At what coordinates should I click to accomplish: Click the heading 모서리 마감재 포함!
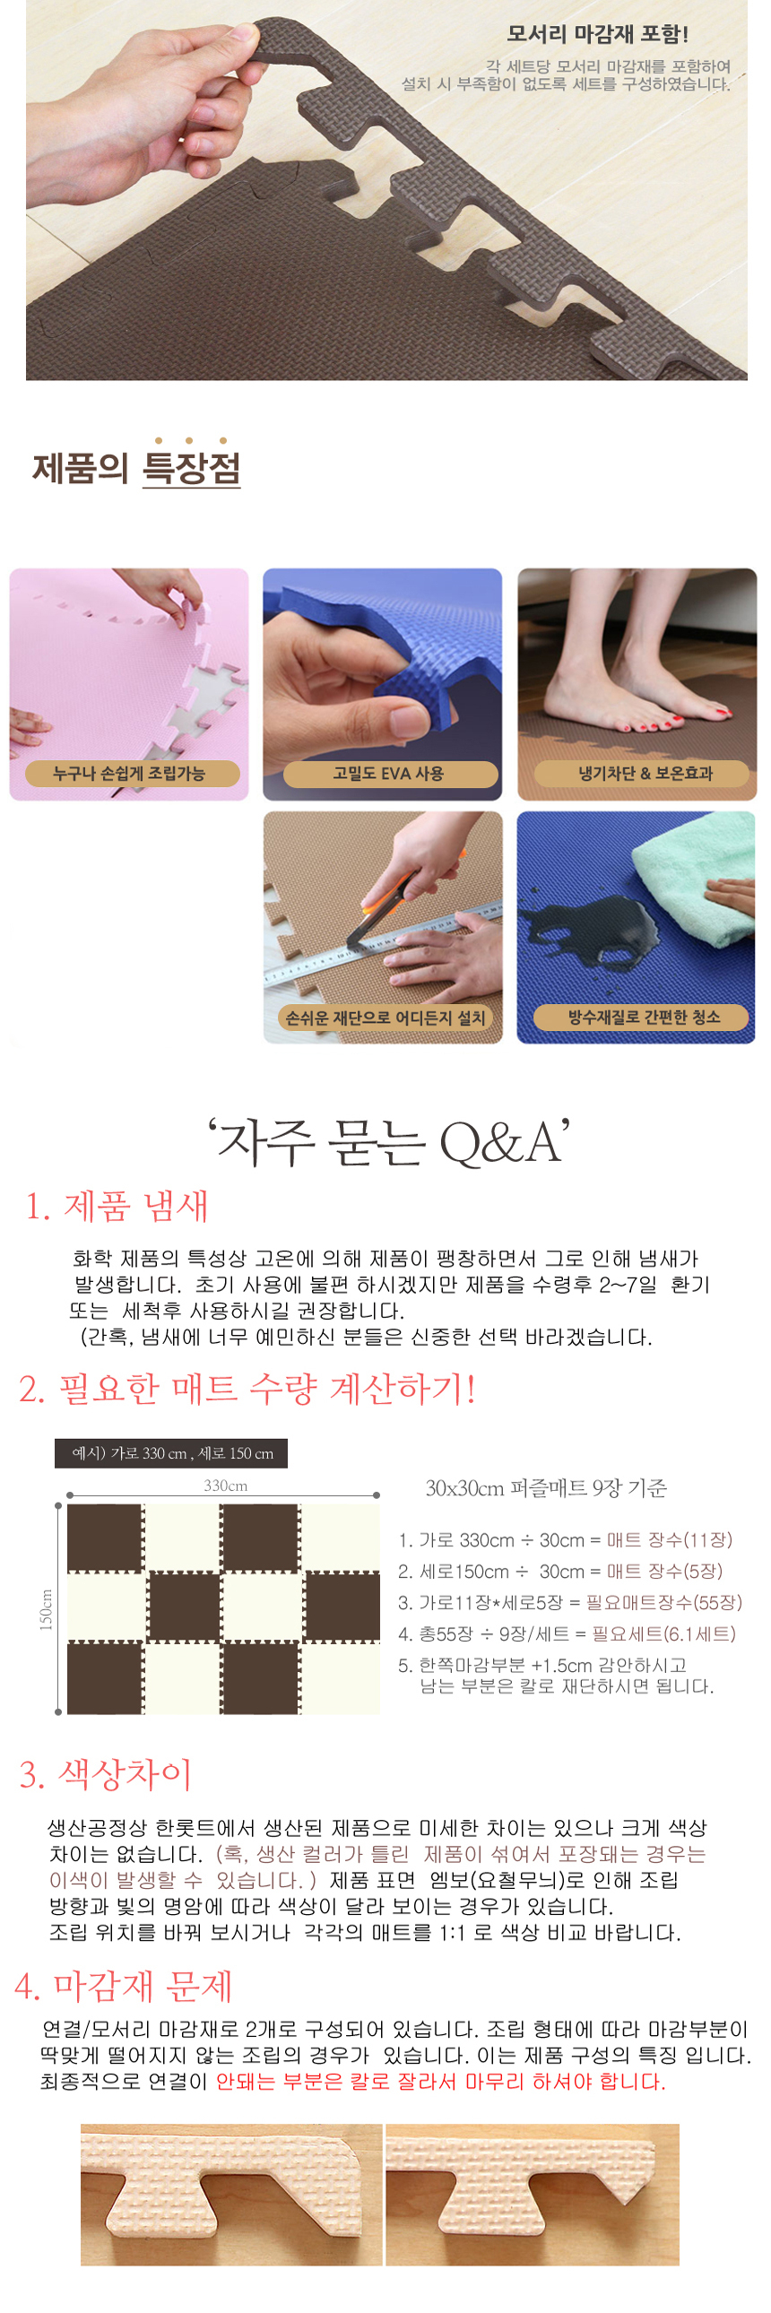[x=597, y=34]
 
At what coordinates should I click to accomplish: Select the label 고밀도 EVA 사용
[x=390, y=773]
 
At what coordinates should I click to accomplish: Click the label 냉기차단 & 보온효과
[x=644, y=773]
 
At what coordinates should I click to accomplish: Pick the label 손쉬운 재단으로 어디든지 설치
[x=384, y=1018]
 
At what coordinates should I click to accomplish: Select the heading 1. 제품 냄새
[x=117, y=1206]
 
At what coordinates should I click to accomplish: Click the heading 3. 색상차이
[x=106, y=1773]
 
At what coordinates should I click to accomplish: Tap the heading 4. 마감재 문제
[x=124, y=1985]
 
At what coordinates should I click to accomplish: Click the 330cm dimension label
[x=225, y=1486]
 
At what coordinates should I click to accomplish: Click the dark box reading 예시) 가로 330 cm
[x=171, y=1453]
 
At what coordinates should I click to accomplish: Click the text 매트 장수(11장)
[x=670, y=1540]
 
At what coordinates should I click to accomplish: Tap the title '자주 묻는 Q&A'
[x=389, y=1142]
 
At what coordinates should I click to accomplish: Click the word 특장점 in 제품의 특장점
[x=191, y=469]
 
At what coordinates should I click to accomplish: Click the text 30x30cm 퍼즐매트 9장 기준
[x=546, y=1488]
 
